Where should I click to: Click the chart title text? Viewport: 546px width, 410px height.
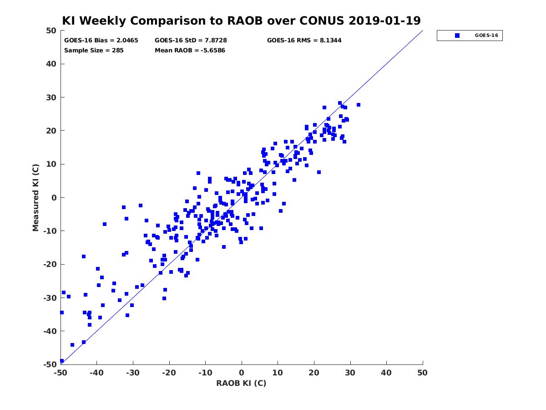(x=241, y=21)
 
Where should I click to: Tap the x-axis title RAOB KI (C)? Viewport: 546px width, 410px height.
(x=241, y=383)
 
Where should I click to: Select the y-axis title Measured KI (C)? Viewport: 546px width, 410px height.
(x=36, y=197)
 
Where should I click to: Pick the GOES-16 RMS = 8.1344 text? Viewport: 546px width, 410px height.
(x=304, y=41)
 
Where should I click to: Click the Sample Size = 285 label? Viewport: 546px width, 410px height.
(x=94, y=51)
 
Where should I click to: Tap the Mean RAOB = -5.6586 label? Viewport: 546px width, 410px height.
(x=190, y=51)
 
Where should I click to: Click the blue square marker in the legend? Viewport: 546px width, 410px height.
(x=457, y=36)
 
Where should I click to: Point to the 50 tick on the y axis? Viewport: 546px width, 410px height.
(x=51, y=31)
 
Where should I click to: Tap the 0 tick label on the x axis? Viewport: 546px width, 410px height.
(x=242, y=373)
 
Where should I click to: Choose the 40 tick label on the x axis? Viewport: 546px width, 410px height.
(x=386, y=373)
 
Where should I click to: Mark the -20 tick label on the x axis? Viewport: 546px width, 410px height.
(x=169, y=373)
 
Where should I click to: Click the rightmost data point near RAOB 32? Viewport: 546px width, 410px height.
(x=359, y=105)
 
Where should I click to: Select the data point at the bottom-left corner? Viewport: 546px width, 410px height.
(x=61, y=361)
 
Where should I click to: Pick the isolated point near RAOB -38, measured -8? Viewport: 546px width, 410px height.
(x=105, y=224)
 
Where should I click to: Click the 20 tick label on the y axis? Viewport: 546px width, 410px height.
(x=51, y=131)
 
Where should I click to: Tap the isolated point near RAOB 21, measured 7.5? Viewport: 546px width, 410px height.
(x=319, y=172)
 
